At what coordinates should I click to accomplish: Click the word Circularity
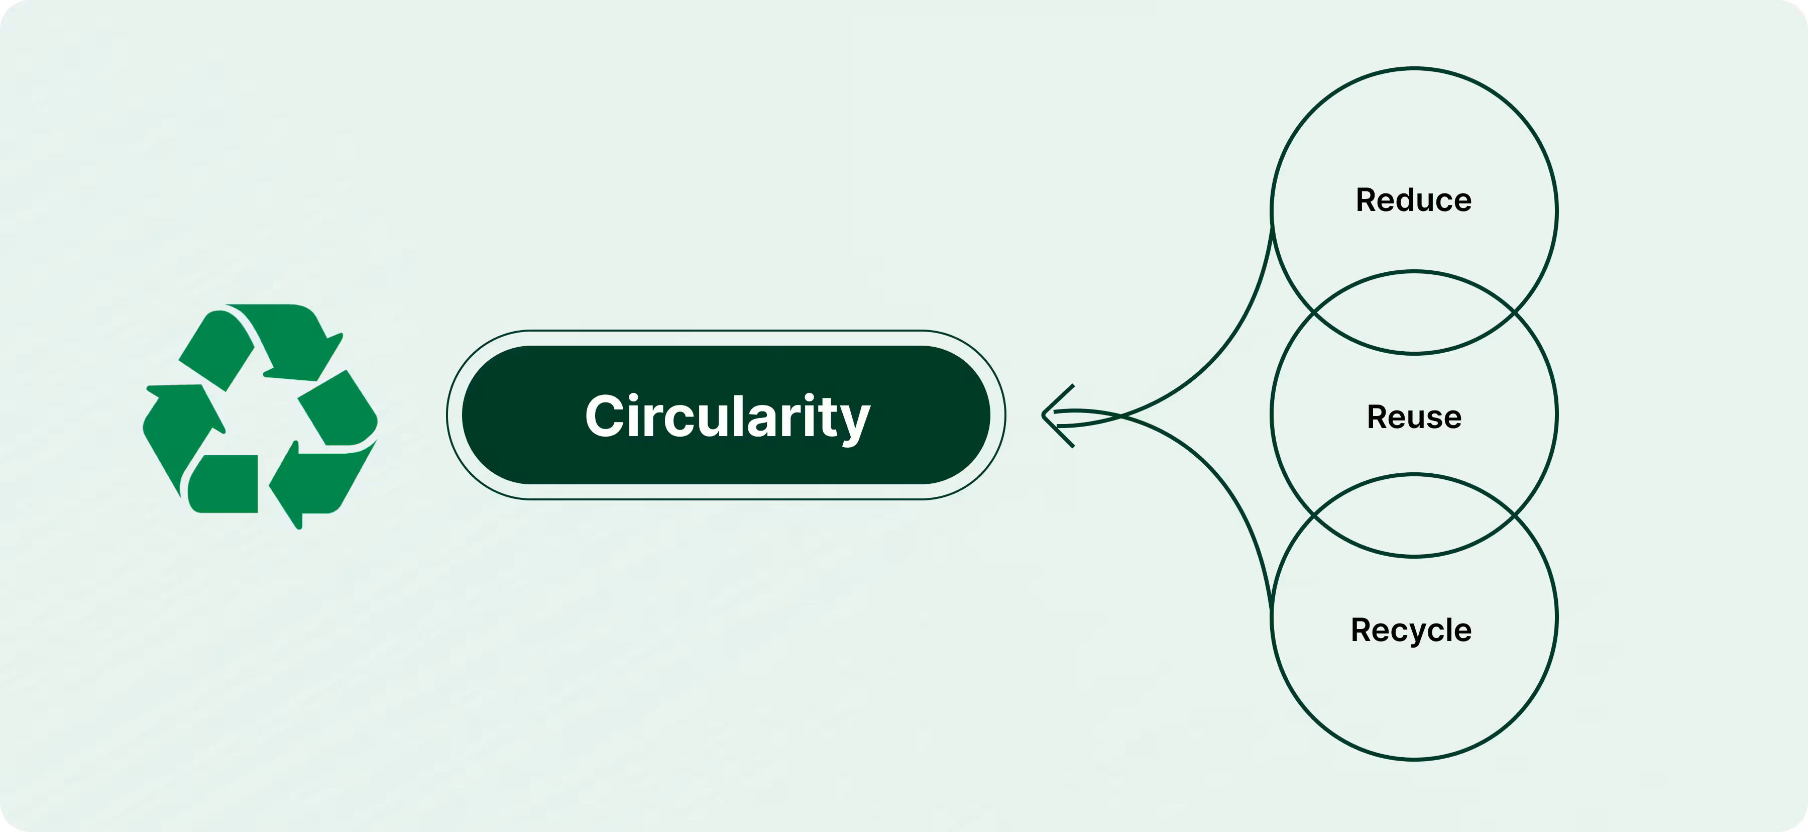(x=727, y=417)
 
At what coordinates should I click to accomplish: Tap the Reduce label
(x=1414, y=200)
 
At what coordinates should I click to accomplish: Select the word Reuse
(x=1414, y=417)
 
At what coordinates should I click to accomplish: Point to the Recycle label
(x=1411, y=630)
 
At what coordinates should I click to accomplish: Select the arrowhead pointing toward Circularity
(x=1053, y=415)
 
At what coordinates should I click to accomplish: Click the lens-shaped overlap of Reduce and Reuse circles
(x=1414, y=313)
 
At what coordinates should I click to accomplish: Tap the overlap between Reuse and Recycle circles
(x=1414, y=516)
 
